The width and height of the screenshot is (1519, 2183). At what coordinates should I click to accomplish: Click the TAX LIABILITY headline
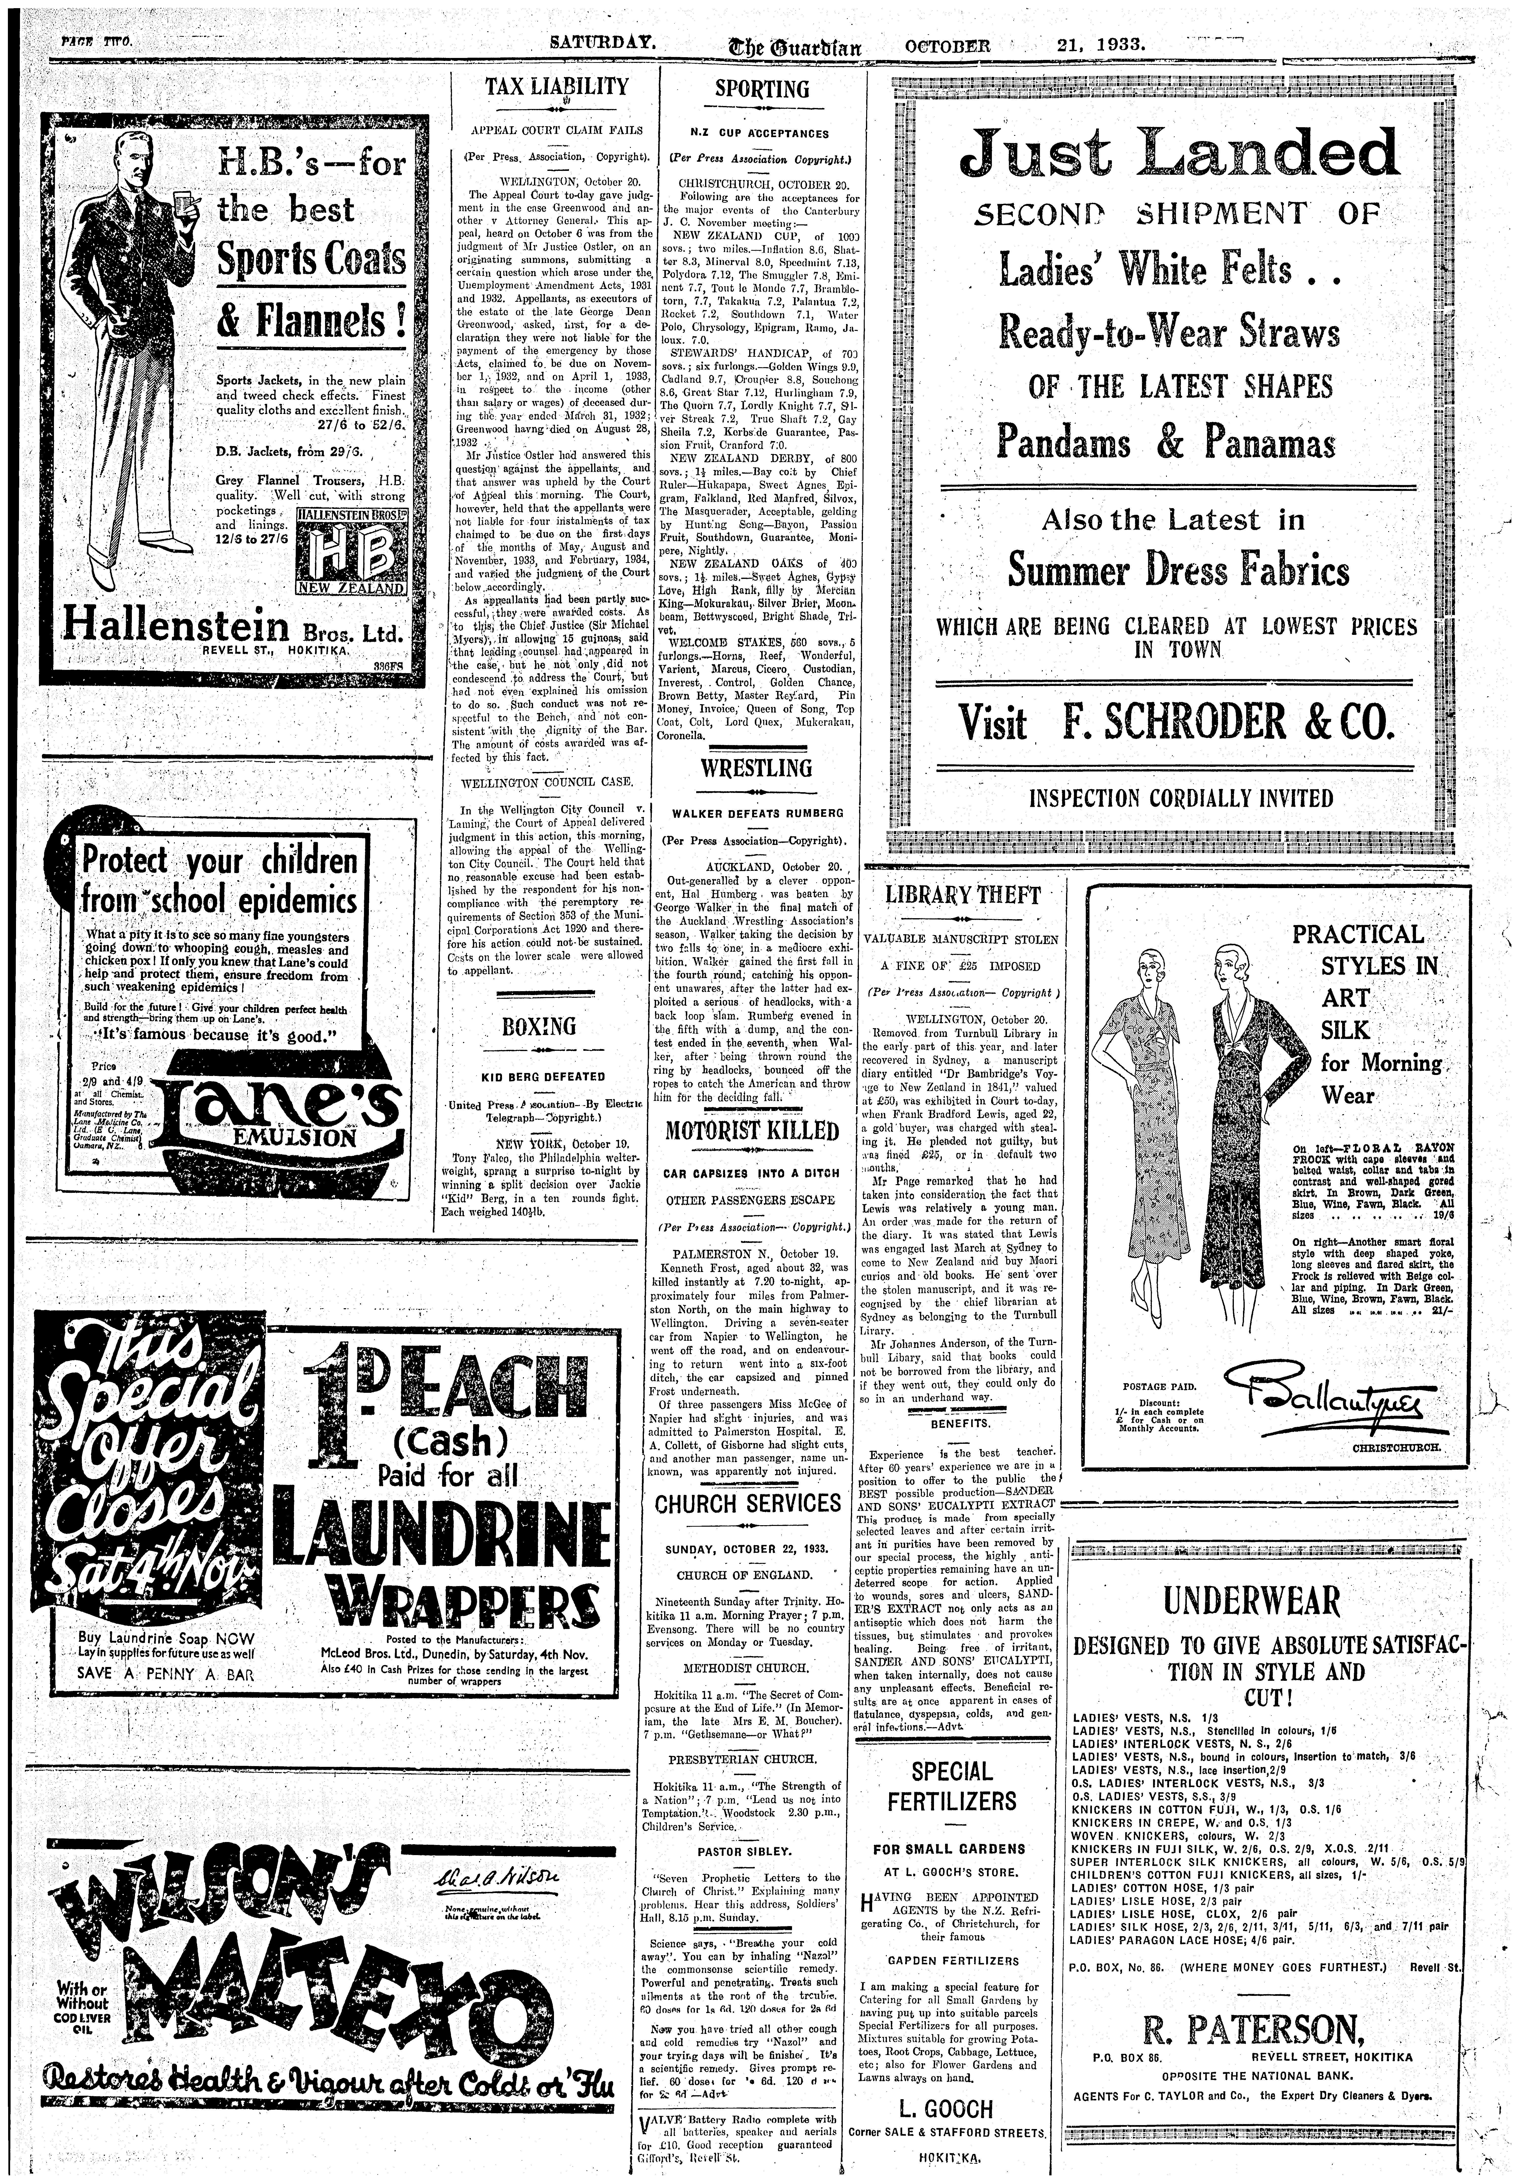[556, 88]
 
